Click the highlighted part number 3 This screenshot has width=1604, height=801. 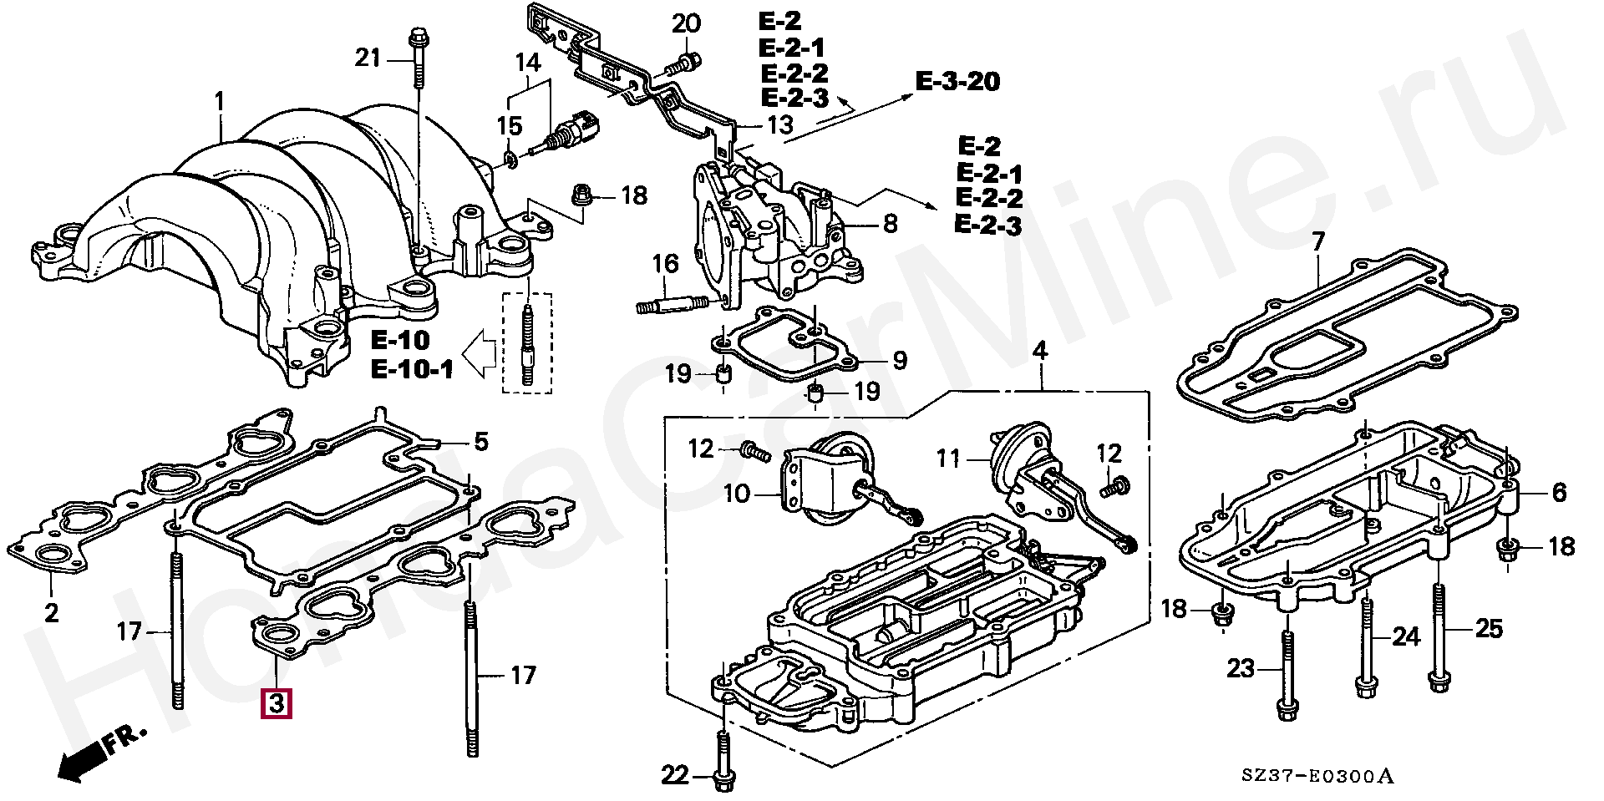(277, 704)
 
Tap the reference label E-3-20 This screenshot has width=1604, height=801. (957, 82)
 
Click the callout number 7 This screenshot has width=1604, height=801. (1318, 244)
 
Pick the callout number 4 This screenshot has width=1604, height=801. (1039, 352)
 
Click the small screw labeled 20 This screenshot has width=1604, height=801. (686, 60)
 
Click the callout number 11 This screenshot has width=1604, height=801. (948, 458)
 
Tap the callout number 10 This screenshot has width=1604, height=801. (737, 494)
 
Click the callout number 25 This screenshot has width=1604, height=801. (1490, 628)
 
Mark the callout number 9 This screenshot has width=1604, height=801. (899, 361)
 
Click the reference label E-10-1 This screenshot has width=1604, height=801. (413, 368)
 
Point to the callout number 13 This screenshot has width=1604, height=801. (780, 126)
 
